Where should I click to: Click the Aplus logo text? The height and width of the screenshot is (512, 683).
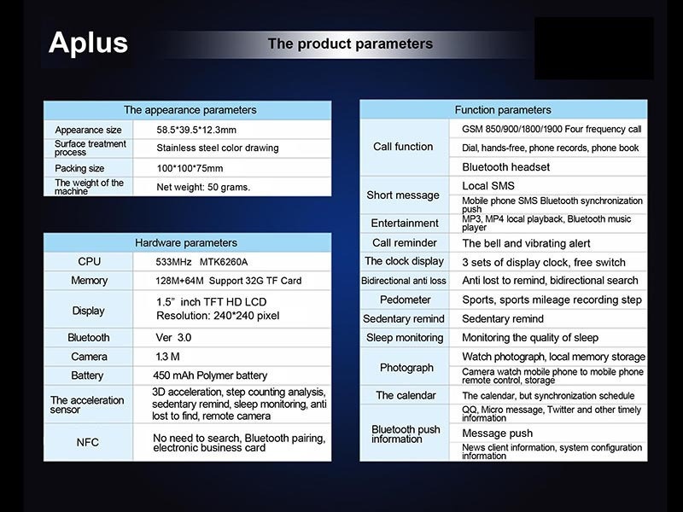[89, 43]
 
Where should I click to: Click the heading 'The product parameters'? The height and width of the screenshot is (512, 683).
[350, 44]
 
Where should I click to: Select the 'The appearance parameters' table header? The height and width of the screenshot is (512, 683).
[190, 110]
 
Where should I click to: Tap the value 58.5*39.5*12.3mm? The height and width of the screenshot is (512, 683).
[196, 130]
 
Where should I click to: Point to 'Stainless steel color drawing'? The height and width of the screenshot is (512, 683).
[218, 148]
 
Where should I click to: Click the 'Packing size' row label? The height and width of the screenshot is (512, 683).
[79, 168]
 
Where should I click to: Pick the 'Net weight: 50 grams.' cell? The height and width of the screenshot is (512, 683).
[203, 187]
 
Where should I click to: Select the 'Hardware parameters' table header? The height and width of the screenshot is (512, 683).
[186, 242]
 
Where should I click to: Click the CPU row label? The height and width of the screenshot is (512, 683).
[89, 261]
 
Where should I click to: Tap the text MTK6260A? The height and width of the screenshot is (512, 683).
[224, 262]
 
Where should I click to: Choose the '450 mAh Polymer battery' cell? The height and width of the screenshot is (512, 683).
[210, 375]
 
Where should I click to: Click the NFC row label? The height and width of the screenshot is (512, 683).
[88, 442]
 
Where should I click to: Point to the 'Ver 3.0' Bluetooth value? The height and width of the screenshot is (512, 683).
[173, 337]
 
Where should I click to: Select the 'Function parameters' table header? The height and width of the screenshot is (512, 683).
[503, 110]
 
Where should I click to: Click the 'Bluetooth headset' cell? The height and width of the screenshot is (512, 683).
[505, 166]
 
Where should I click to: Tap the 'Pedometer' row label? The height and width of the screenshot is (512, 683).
[405, 300]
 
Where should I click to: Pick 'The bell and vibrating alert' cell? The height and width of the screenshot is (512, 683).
[526, 243]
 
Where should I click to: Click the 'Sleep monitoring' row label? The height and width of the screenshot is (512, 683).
[405, 337]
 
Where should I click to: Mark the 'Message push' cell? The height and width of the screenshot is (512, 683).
[497, 433]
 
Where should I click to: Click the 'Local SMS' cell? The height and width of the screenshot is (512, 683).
[488, 186]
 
